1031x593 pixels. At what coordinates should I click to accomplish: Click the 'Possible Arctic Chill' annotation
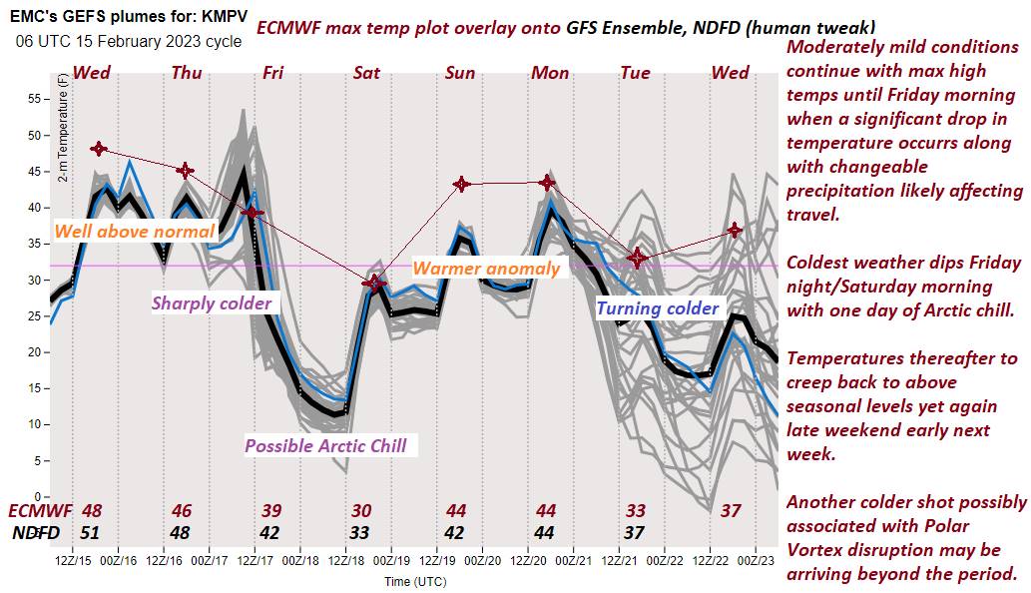point(325,446)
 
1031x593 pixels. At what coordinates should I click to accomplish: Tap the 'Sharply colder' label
point(212,302)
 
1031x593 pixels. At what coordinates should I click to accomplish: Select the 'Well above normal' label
point(134,232)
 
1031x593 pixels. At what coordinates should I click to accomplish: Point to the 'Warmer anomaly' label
point(486,269)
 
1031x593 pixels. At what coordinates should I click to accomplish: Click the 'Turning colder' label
point(658,308)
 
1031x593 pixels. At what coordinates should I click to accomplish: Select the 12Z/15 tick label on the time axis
point(74,561)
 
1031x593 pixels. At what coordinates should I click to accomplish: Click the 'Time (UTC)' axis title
point(415,581)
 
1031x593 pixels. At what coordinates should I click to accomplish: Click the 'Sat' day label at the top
point(366,72)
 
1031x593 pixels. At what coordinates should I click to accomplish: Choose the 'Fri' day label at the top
point(272,72)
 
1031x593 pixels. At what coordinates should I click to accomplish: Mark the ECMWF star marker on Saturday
point(373,285)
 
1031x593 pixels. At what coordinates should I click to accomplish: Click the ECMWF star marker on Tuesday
point(637,259)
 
